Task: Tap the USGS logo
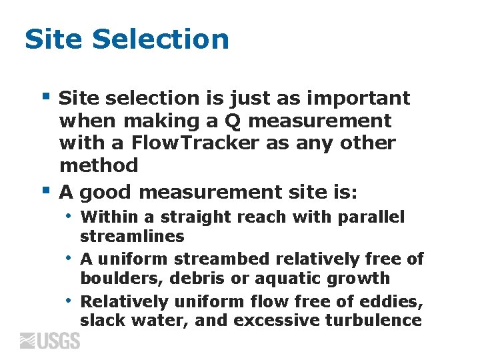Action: (x=50, y=341)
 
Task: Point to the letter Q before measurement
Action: (x=233, y=121)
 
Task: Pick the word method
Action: (x=99, y=165)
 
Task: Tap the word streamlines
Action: (x=132, y=237)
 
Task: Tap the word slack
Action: (x=101, y=320)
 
